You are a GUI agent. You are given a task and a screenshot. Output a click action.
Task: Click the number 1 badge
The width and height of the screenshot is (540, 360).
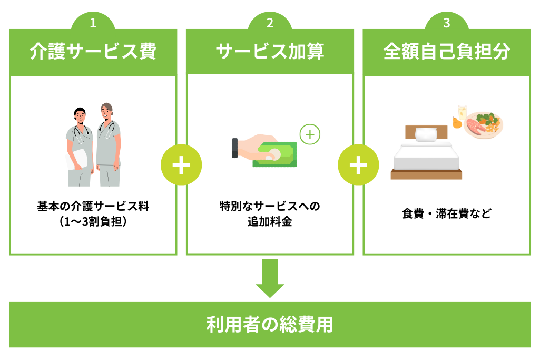point(93,23)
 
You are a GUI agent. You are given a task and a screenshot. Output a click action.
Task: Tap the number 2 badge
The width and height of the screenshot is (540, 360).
point(270,23)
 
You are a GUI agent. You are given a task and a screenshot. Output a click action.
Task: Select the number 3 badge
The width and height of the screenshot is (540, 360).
point(446,23)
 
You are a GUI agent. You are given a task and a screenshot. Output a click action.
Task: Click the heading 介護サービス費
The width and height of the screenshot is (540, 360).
point(93,52)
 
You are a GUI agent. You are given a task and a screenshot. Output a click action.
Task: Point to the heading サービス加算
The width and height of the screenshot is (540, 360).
point(270,52)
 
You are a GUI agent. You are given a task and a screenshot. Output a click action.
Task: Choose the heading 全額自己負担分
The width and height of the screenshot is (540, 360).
point(446,52)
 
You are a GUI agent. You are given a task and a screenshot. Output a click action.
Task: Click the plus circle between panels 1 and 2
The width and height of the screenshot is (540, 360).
point(181,165)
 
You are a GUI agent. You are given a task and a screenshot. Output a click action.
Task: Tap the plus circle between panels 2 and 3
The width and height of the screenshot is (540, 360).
point(358,165)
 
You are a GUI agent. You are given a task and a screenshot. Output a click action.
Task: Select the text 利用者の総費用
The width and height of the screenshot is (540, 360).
point(270,325)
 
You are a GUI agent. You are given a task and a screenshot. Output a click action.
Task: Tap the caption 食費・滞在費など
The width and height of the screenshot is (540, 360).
point(446,214)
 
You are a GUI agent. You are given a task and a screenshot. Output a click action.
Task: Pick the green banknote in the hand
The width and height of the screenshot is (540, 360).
point(273,153)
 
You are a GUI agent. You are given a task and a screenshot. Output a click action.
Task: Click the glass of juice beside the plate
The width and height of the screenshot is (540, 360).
point(462,112)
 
